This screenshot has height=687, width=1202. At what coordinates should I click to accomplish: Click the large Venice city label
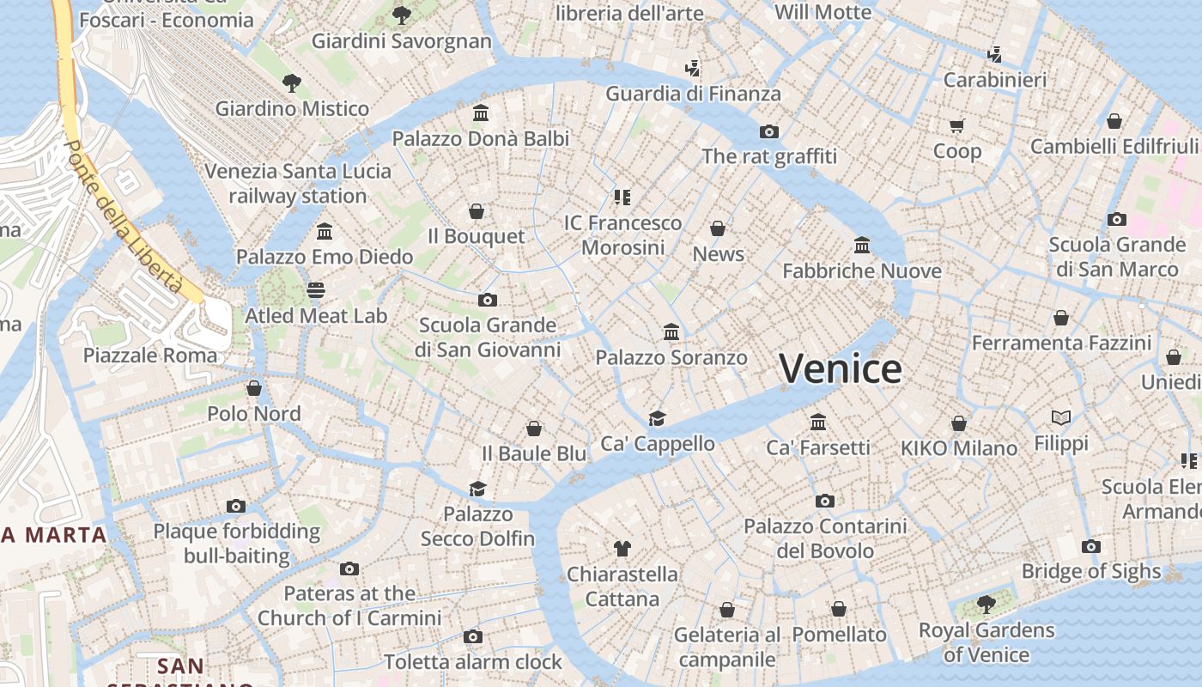click(x=841, y=369)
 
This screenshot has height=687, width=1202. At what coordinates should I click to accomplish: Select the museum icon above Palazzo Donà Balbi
click(x=481, y=113)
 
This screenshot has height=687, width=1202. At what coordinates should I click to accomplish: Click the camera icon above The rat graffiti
click(x=769, y=131)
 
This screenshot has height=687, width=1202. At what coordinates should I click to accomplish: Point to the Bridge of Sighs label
click(x=1090, y=571)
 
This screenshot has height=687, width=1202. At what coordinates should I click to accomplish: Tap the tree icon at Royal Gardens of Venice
click(x=986, y=605)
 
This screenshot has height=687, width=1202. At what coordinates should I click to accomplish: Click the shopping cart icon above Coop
click(x=957, y=126)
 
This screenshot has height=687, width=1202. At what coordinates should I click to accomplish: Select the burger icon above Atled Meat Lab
click(x=316, y=290)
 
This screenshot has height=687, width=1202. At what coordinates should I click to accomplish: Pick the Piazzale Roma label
click(x=150, y=355)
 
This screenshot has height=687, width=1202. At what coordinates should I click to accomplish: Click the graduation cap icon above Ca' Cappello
click(x=657, y=418)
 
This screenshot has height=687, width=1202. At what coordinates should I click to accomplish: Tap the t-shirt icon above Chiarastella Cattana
click(x=622, y=548)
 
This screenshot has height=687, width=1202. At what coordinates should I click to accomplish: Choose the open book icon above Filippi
click(x=1061, y=418)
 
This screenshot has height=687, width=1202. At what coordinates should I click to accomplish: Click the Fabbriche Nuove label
click(x=862, y=271)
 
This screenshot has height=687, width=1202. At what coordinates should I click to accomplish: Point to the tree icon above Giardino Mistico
click(x=292, y=83)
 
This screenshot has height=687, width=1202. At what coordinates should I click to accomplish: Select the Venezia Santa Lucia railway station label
click(x=298, y=184)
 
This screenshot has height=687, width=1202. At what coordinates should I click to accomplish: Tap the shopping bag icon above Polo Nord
click(x=254, y=388)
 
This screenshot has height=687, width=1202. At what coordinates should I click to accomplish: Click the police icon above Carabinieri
click(x=995, y=55)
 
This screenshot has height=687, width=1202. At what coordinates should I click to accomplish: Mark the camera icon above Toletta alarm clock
click(x=472, y=636)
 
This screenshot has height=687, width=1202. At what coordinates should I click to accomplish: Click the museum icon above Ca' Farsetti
click(x=818, y=422)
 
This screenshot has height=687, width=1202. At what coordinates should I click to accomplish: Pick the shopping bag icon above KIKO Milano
click(x=959, y=423)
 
